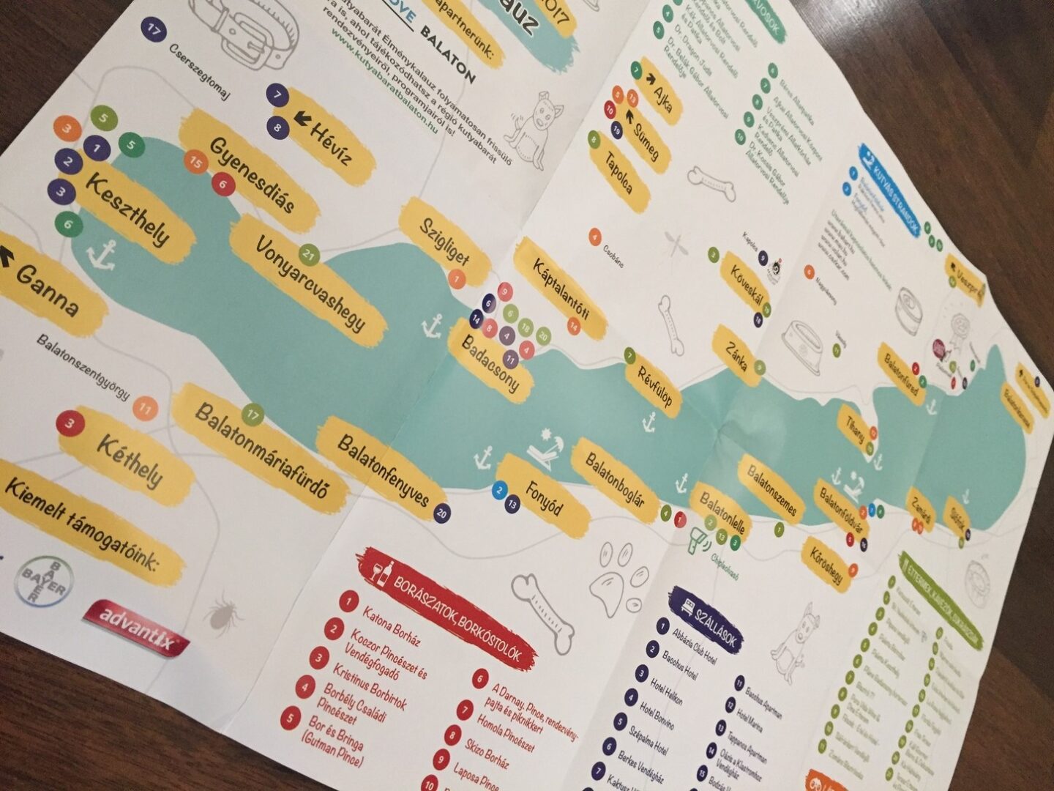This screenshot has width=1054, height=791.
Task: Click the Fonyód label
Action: tap(545, 497)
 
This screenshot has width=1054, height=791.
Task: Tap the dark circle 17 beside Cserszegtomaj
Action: tap(154, 30)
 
